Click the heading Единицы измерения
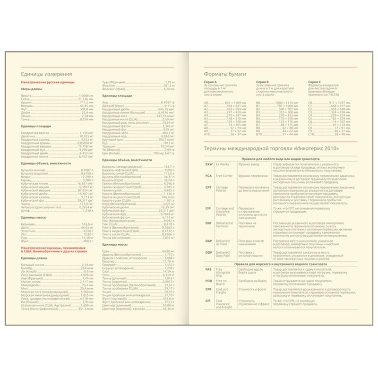click(x=47, y=75)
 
